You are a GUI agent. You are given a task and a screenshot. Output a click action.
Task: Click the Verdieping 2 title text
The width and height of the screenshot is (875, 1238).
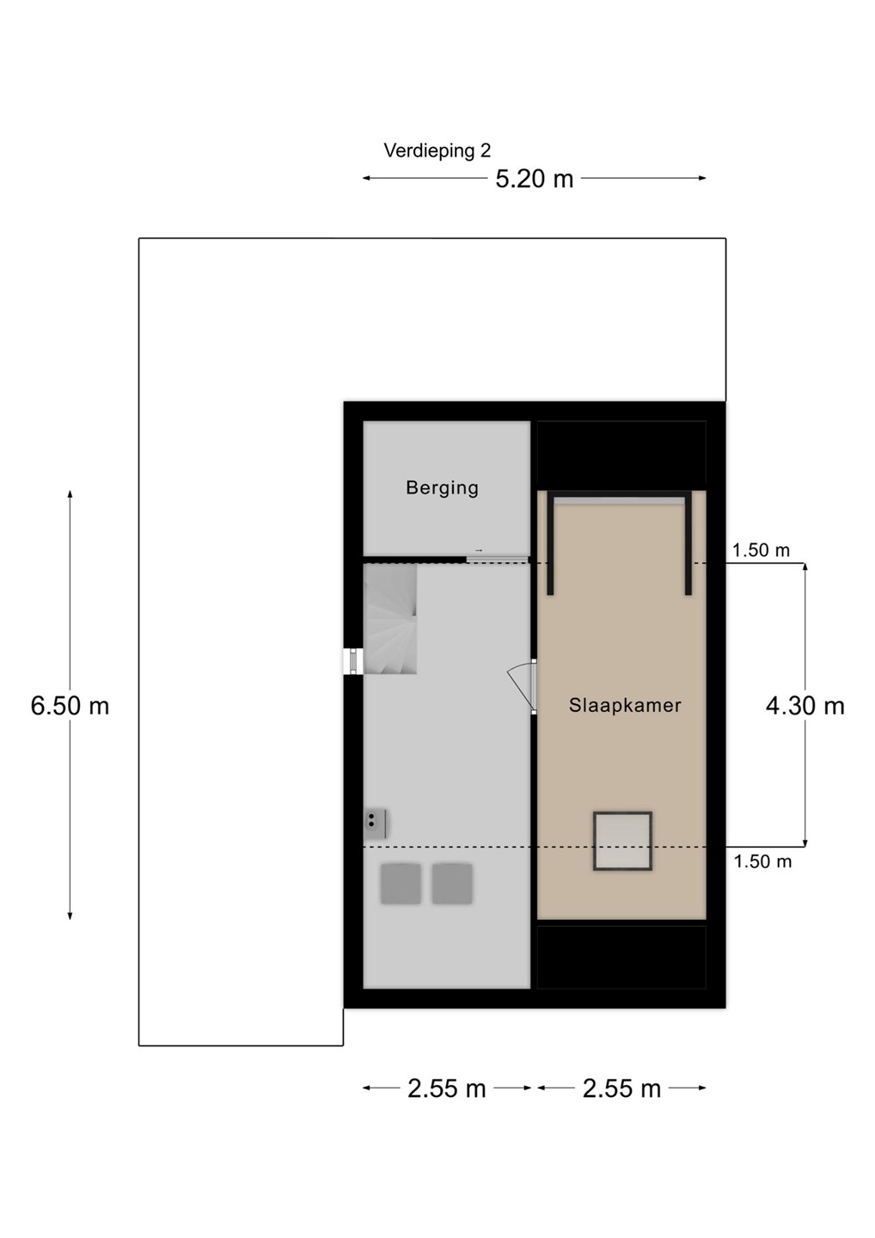pyautogui.click(x=437, y=151)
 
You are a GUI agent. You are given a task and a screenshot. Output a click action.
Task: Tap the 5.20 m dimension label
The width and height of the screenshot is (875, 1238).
pyautogui.click(x=534, y=179)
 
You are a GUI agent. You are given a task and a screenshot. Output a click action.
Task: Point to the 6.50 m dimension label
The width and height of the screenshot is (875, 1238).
pyautogui.click(x=70, y=706)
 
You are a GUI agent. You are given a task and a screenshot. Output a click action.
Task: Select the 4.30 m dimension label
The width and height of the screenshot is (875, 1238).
pyautogui.click(x=805, y=706)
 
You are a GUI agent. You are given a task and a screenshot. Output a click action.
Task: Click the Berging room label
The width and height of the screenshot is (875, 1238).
pyautogui.click(x=442, y=488)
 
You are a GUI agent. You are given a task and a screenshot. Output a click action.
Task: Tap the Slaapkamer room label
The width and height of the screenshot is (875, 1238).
pyautogui.click(x=625, y=705)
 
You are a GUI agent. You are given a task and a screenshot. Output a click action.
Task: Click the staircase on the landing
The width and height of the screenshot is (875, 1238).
pyautogui.click(x=390, y=618)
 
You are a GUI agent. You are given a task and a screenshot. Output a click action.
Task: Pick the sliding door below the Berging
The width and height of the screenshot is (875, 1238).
pyautogui.click(x=497, y=560)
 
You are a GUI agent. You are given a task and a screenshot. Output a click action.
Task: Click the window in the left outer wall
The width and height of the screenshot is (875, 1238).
pyautogui.click(x=353, y=662)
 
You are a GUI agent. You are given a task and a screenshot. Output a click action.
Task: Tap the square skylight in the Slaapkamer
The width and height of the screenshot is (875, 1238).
pyautogui.click(x=622, y=841)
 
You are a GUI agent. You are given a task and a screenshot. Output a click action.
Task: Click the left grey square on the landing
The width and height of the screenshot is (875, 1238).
pyautogui.click(x=401, y=885)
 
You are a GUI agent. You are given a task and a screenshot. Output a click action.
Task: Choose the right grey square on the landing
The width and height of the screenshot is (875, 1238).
pyautogui.click(x=452, y=885)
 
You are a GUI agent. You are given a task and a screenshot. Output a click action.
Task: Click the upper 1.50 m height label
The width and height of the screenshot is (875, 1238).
pyautogui.click(x=761, y=550)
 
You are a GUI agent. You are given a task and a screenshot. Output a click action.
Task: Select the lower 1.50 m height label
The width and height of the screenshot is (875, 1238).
pyautogui.click(x=762, y=861)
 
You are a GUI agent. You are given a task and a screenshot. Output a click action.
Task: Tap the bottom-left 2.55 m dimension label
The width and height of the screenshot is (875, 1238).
pyautogui.click(x=446, y=1089)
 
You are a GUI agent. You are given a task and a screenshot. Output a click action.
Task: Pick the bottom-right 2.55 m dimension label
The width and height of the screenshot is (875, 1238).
pyautogui.click(x=621, y=1089)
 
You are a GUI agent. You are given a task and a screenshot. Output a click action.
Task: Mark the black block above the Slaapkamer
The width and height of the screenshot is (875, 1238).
pyautogui.click(x=621, y=456)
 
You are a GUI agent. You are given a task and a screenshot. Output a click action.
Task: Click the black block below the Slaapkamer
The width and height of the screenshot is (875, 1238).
pyautogui.click(x=621, y=957)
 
